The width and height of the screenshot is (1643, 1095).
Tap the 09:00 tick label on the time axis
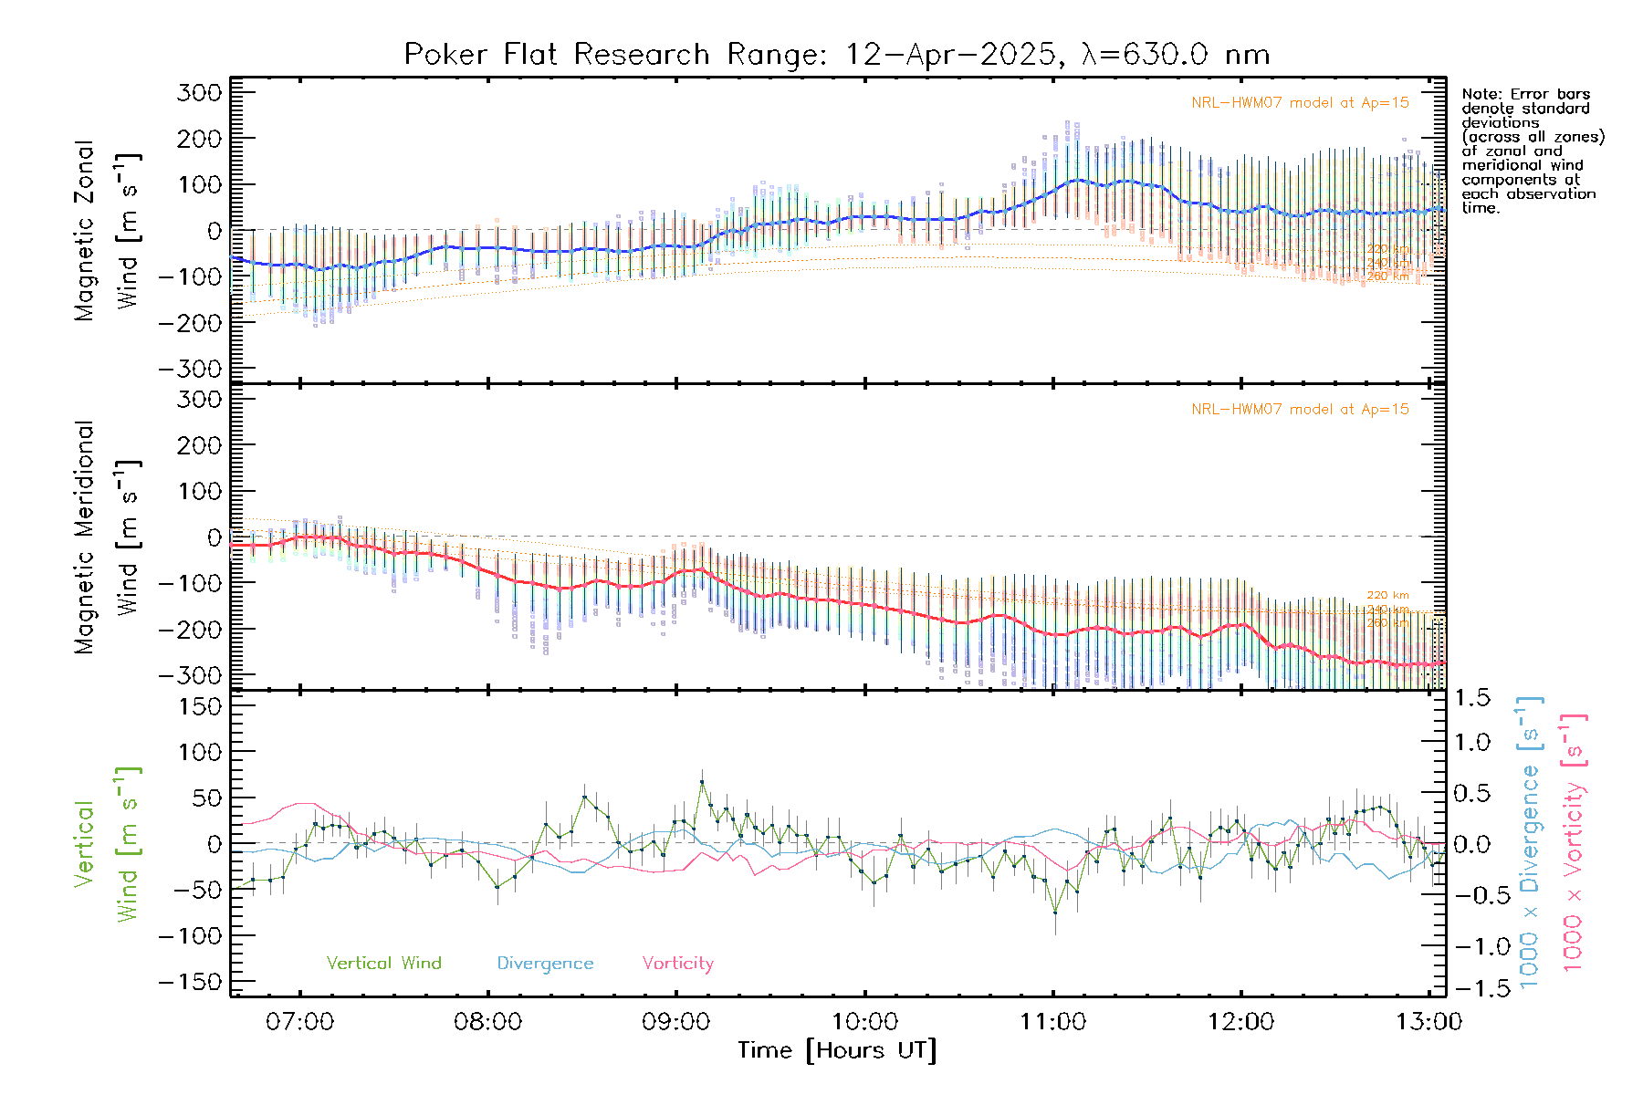click(675, 1022)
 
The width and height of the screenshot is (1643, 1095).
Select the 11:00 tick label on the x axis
click(1052, 1022)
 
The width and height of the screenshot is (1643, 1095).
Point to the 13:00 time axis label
click(1428, 1022)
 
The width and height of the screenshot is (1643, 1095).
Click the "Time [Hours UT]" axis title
click(837, 1050)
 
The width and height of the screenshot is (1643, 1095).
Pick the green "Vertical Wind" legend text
click(383, 964)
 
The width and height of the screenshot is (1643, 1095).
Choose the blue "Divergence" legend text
click(545, 964)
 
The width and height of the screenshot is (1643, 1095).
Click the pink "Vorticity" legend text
click(677, 964)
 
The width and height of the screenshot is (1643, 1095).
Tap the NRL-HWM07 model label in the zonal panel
click(1300, 103)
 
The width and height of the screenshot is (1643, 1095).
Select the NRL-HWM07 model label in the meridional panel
click(1300, 410)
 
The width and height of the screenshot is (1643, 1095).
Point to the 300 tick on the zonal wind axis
click(200, 92)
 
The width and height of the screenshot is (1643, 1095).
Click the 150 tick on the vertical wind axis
click(200, 706)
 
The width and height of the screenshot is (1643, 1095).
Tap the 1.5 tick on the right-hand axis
click(1471, 698)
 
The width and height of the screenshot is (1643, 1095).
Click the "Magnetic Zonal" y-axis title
click(85, 231)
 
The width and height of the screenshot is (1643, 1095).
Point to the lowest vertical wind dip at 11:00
click(1055, 912)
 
